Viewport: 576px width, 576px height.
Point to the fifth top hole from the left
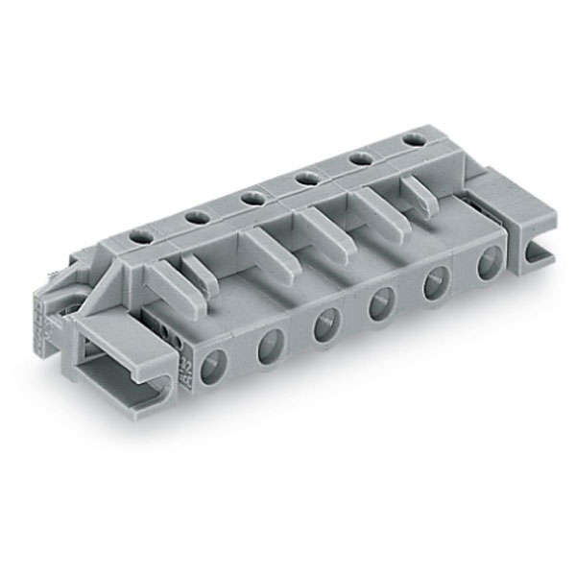point(363,157)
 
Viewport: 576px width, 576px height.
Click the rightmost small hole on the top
point(414,140)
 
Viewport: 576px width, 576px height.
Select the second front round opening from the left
point(271,343)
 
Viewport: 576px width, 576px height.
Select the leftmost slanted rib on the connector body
point(173,283)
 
